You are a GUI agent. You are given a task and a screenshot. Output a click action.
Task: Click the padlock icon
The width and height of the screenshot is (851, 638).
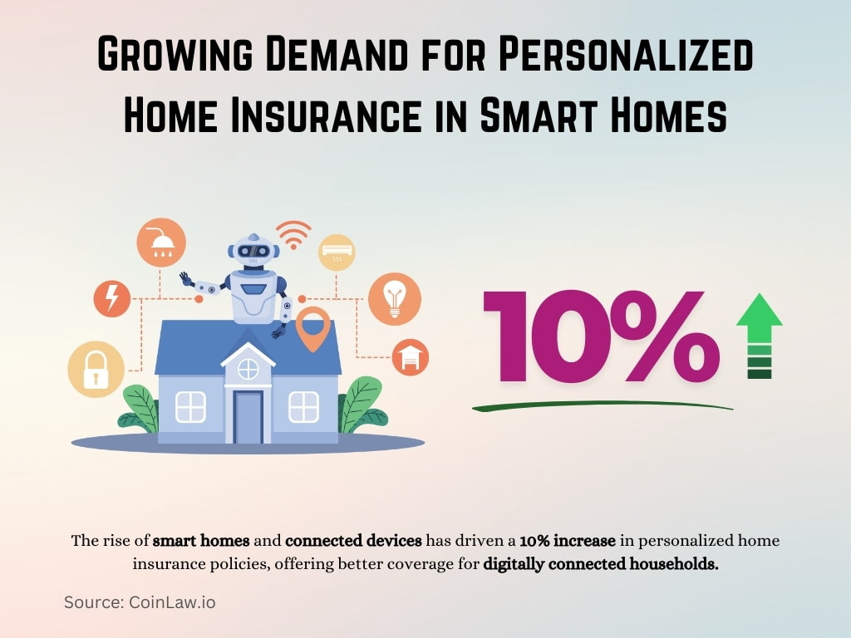pos(96,367)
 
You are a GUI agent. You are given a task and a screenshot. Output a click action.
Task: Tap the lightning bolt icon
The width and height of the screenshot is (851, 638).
pos(110,298)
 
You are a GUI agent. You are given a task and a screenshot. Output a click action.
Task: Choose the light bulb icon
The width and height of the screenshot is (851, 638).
pos(394,298)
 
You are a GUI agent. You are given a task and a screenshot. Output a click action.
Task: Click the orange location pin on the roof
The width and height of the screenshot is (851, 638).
pos(313,327)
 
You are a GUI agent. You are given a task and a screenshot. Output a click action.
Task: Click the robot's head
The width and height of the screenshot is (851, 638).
pos(253,249)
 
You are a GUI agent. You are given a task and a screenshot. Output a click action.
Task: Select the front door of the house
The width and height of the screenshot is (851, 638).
pos(248,415)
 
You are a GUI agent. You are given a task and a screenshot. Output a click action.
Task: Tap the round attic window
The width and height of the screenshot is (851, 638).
pos(248,368)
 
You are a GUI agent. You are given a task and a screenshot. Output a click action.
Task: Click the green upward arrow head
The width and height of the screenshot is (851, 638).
pos(760,312)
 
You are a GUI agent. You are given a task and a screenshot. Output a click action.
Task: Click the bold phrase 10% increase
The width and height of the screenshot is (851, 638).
pos(568,542)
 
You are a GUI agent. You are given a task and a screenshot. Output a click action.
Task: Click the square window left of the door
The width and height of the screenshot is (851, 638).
pos(190,406)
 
